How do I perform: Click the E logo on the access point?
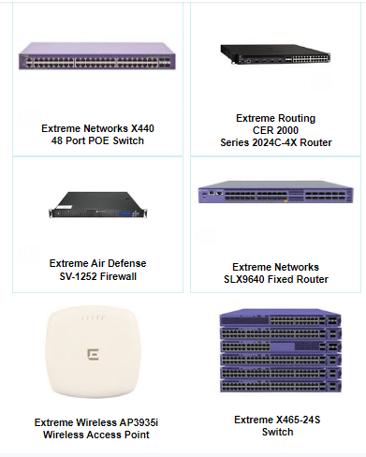coord(94,356)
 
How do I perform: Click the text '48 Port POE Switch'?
coord(97,140)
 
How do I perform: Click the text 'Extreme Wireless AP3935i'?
coord(96,422)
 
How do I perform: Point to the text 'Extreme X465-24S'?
coord(276,419)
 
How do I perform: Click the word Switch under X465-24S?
coord(276,432)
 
